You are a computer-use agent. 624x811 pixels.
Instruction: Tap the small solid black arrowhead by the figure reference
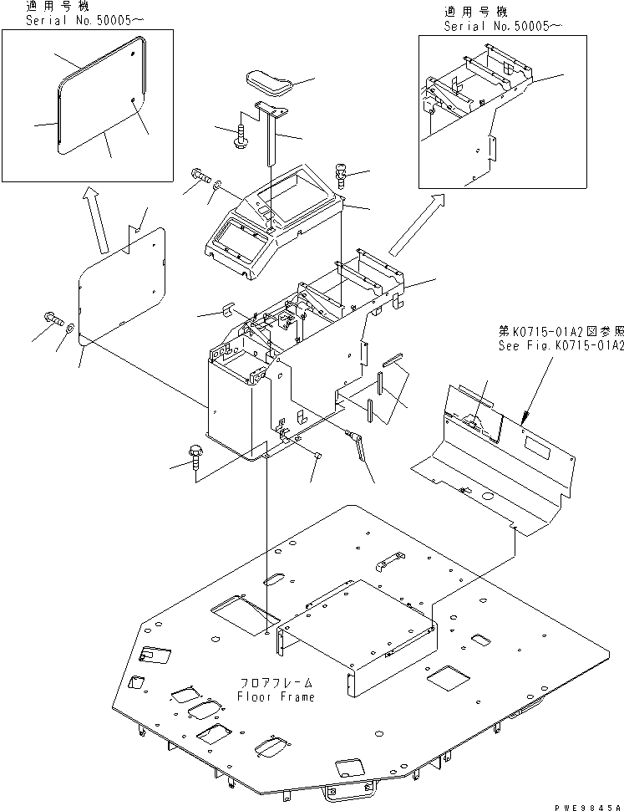click(525, 416)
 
